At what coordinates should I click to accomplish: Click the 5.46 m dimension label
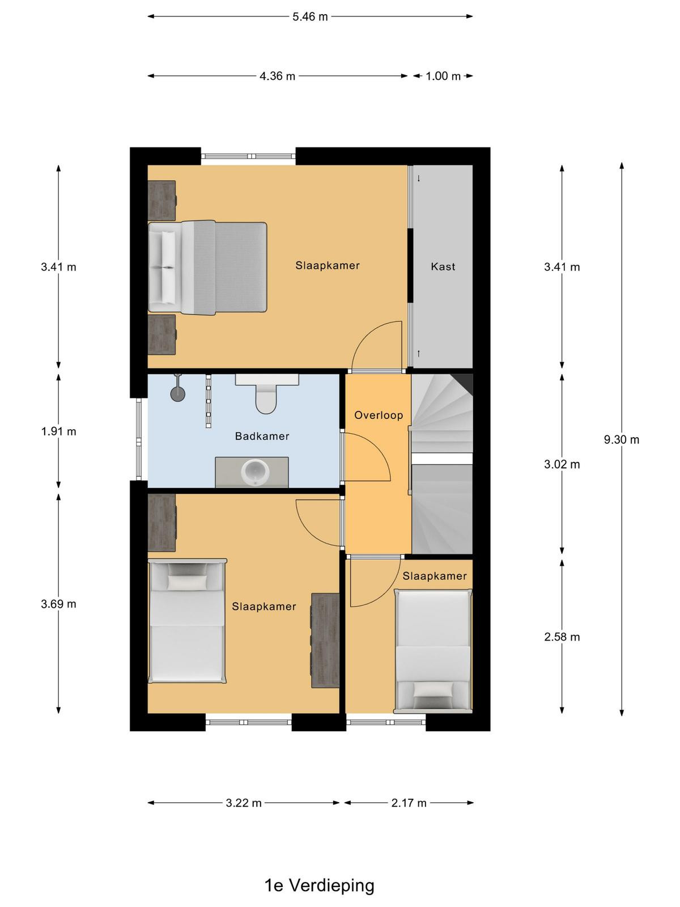tap(309, 17)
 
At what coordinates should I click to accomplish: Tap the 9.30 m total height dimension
tap(621, 440)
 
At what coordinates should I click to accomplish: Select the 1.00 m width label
tap(443, 76)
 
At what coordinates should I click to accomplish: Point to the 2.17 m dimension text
tap(409, 803)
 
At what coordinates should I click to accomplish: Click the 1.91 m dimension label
tap(58, 431)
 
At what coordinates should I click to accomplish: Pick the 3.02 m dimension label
tap(562, 464)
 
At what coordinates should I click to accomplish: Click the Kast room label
tap(443, 266)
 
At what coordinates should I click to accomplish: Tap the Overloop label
tap(378, 415)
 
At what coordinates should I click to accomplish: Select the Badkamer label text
tap(262, 436)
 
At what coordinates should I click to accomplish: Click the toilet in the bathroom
tap(266, 394)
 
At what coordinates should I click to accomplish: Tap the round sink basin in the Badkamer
tap(255, 472)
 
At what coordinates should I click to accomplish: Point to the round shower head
tap(178, 393)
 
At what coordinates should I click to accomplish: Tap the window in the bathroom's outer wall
tap(139, 439)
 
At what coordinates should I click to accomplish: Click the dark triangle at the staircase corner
tap(463, 382)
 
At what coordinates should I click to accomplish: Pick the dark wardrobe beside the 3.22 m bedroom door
tap(325, 641)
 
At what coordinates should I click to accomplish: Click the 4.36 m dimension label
tap(277, 76)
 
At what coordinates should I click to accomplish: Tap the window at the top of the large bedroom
tap(249, 156)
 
